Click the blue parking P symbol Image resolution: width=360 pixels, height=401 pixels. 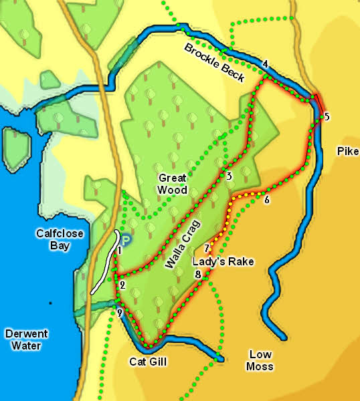[x=126, y=238]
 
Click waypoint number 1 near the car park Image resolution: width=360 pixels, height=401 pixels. [x=119, y=251]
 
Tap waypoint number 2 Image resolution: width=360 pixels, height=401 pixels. [x=122, y=285]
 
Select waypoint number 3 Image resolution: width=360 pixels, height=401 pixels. [x=229, y=176]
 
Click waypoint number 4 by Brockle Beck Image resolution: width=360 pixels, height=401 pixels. [x=266, y=64]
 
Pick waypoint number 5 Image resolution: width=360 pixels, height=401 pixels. [x=327, y=117]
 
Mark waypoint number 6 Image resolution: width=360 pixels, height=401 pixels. [x=266, y=200]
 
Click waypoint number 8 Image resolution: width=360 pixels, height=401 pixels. [x=197, y=274]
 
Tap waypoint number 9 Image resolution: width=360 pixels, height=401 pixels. [x=120, y=313]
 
